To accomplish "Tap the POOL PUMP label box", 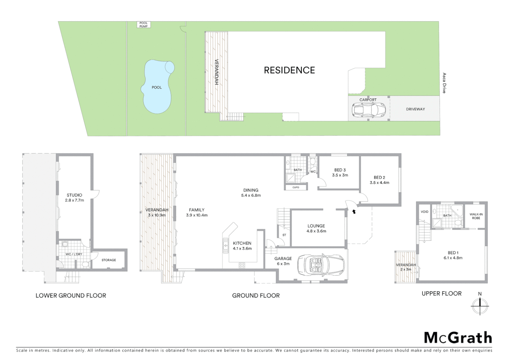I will tap(143, 25).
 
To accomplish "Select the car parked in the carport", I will tap(368, 109).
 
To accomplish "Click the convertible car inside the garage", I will tap(320, 265).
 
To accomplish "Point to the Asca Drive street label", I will tap(444, 83).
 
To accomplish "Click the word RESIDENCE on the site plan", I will tap(289, 70).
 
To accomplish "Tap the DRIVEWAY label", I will tap(415, 109).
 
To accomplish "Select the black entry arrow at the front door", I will tap(354, 211).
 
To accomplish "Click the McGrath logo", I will tap(458, 338).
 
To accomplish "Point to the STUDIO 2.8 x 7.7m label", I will tap(74, 198).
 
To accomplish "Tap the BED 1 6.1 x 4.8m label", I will tap(453, 255).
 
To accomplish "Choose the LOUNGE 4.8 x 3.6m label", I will tap(316, 228).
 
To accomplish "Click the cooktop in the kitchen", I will tap(242, 265).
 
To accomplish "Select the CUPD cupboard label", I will tap(295, 187).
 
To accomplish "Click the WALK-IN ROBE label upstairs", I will tap(476, 216).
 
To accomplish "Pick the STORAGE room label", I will tap(109, 260).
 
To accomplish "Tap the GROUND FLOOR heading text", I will tap(255, 295).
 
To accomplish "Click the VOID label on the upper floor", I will tap(424, 212).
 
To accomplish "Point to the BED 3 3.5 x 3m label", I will tap(340, 172).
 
